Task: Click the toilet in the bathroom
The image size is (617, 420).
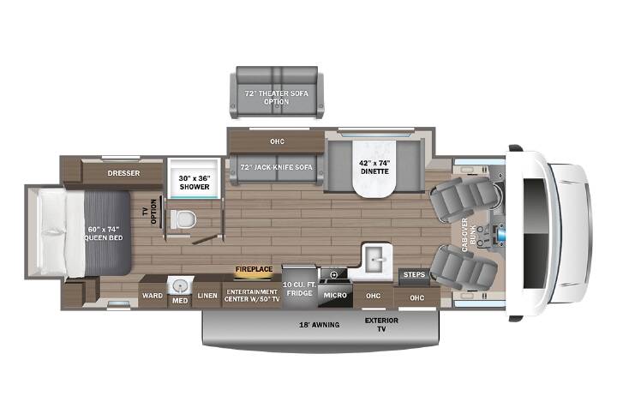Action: point(183,219)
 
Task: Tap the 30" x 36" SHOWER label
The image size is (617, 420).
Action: point(195,183)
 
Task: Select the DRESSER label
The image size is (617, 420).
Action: point(123,173)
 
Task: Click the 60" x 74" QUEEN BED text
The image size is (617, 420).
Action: point(104,233)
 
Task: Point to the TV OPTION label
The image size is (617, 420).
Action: point(150,212)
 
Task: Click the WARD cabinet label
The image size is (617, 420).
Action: point(153,295)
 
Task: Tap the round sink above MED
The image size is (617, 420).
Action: point(180,285)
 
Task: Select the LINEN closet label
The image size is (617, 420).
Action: point(207,296)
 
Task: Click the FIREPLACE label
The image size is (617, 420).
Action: point(254,269)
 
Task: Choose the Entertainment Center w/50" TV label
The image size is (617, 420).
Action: point(252,295)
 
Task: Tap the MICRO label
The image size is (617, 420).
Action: point(335,295)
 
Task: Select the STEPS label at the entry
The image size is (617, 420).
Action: point(414,274)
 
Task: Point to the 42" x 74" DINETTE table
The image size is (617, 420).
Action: point(374,169)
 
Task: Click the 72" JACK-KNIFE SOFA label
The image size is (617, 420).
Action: point(277,167)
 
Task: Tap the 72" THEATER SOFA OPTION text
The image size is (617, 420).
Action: point(276,98)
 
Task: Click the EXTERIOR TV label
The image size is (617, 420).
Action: point(381,325)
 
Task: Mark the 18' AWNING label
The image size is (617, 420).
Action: point(319,325)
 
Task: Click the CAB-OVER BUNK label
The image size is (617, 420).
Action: point(469,235)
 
